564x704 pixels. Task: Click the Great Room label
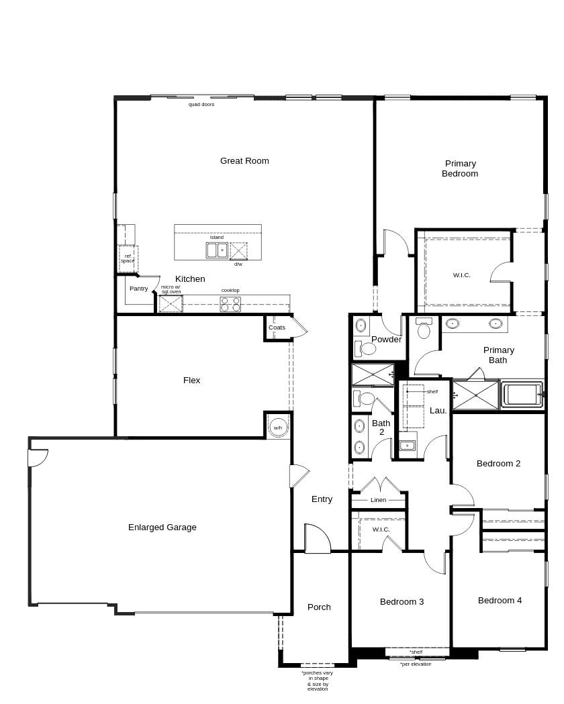point(244,161)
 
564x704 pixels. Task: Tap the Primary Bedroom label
point(460,168)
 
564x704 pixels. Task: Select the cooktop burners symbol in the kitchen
point(230,304)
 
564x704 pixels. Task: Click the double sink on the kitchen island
point(217,250)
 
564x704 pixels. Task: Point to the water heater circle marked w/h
point(278,428)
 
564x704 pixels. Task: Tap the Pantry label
point(138,289)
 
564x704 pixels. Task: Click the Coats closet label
point(277,328)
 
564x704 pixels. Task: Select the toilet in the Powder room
point(365,348)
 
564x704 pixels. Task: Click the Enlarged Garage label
point(162,527)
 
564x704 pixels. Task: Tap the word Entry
point(322,499)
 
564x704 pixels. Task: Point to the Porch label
point(319,607)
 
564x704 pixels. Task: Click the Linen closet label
point(378,500)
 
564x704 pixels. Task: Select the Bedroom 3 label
point(402,601)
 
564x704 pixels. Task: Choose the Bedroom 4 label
point(500,600)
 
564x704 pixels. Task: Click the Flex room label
point(191,381)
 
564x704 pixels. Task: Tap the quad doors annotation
point(201,104)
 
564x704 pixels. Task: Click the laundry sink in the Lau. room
point(408,446)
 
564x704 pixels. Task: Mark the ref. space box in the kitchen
point(128,258)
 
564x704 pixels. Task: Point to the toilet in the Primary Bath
point(424,328)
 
